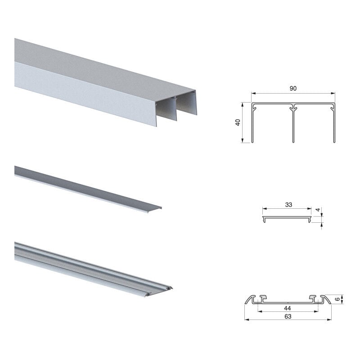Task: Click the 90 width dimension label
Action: pos(293,88)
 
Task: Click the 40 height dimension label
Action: pos(238,122)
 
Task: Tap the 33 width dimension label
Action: pos(288,205)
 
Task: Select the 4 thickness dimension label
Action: pos(318,210)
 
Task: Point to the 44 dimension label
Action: pos(288,308)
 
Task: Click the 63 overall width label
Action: pos(288,316)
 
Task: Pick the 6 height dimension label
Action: pos(337,299)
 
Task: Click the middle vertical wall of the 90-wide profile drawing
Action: pos(293,125)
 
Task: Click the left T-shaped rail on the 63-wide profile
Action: pos(263,298)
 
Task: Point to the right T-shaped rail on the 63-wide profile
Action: pos(312,298)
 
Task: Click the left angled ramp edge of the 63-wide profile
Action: pos(249,299)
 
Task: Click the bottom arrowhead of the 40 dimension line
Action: pos(242,141)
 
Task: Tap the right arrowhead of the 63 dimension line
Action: pos(329,319)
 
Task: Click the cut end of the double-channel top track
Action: pos(176,108)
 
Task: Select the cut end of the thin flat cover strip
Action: pos(154,210)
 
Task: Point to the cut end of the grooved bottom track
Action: pos(159,292)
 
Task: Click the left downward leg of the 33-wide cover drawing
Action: pos(264,220)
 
